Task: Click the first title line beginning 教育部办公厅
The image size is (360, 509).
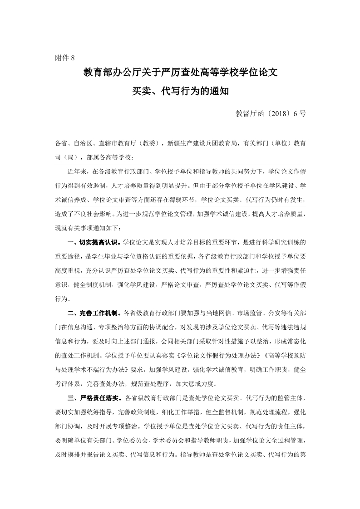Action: coord(180,72)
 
